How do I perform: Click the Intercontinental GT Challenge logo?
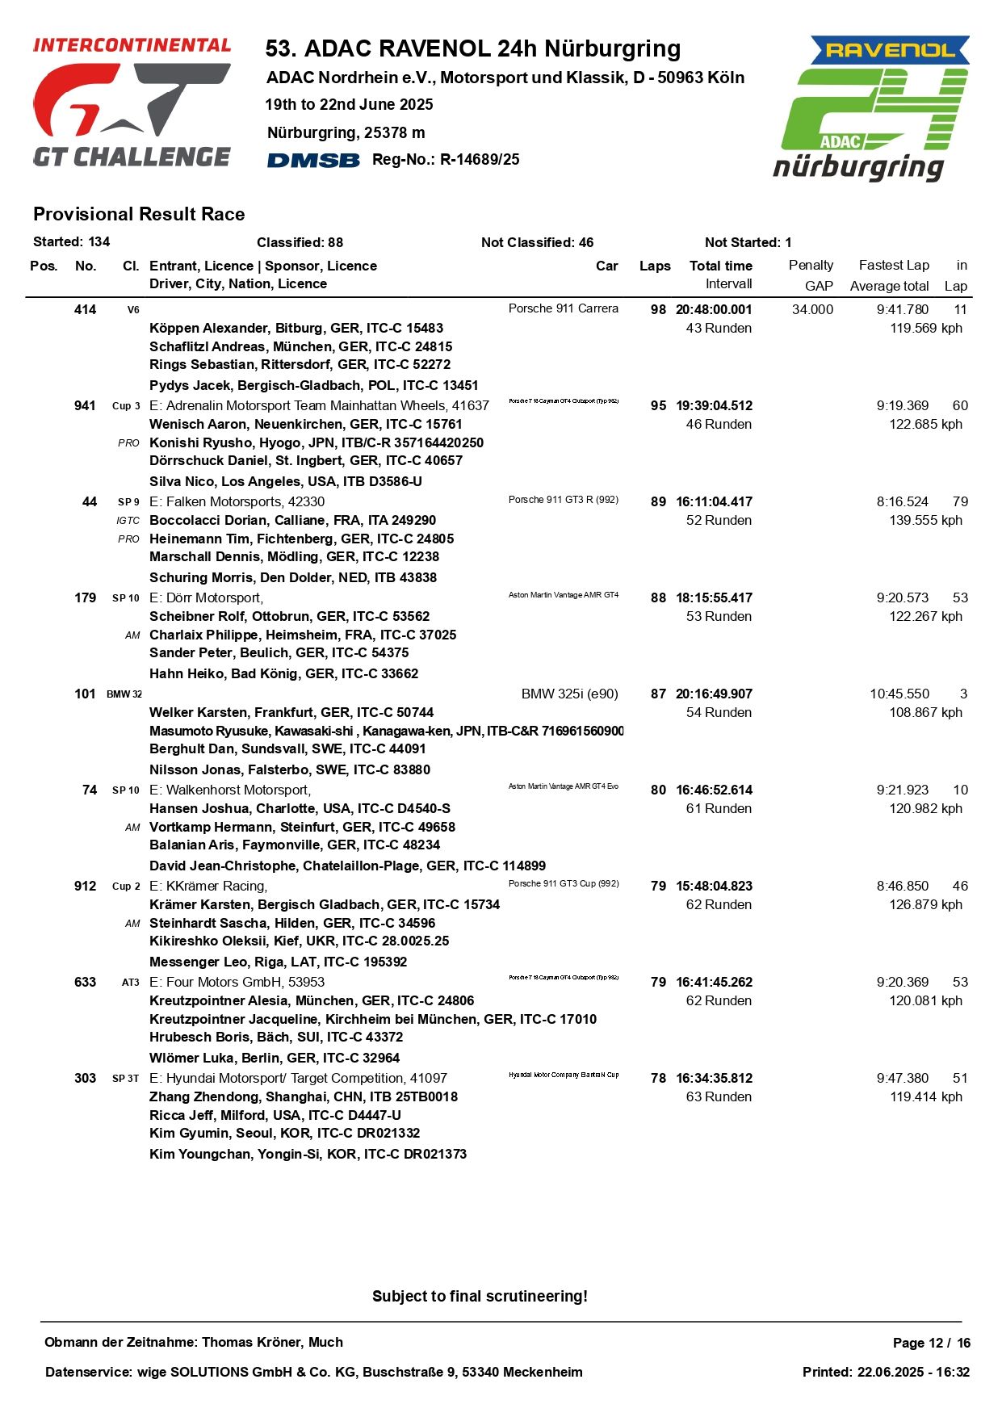pos(132,103)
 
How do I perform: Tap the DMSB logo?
pos(313,160)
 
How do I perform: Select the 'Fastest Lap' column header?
pos(893,265)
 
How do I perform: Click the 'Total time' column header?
pos(720,266)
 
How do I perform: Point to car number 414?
pos(85,309)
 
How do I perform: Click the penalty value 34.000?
pos(812,309)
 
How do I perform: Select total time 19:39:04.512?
pos(714,405)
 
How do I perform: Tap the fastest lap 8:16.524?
pos(902,501)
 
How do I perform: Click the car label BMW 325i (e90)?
pos(569,694)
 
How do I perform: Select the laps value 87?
pos(658,694)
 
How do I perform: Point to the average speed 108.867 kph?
pos(925,712)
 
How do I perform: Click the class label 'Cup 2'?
pos(126,886)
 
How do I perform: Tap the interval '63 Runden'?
pos(719,1096)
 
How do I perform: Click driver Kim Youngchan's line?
pos(308,1154)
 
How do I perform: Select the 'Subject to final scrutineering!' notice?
pos(480,1296)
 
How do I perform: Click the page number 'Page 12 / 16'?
pos(931,1343)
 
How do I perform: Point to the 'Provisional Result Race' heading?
pos(139,214)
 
